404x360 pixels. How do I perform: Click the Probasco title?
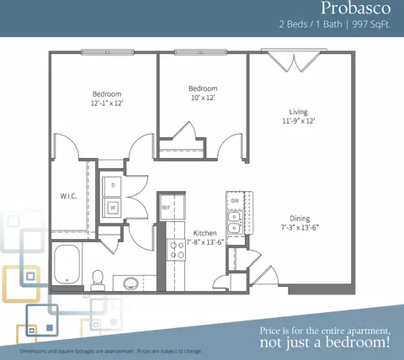click(355, 8)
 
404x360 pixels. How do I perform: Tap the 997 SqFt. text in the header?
click(371, 24)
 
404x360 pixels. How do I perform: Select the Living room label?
click(299, 112)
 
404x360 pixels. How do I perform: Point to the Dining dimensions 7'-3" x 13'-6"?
click(300, 227)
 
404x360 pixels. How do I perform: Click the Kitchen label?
click(205, 233)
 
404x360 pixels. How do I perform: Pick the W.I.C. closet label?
click(69, 196)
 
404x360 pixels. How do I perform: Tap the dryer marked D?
click(112, 186)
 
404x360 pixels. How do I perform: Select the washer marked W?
click(112, 207)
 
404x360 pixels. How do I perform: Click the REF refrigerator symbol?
click(173, 207)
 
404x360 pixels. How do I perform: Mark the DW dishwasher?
click(235, 201)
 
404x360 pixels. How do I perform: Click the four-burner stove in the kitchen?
click(176, 250)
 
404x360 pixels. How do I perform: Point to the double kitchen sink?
click(235, 223)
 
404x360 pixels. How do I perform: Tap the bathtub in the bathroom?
click(67, 264)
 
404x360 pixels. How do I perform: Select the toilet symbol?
click(98, 280)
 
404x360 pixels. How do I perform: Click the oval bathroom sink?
click(130, 283)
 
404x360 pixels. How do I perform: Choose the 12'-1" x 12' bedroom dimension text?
click(107, 103)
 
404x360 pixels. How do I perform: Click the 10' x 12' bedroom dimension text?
click(203, 98)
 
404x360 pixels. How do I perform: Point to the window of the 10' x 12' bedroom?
click(200, 52)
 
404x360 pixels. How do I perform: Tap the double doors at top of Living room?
click(294, 61)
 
